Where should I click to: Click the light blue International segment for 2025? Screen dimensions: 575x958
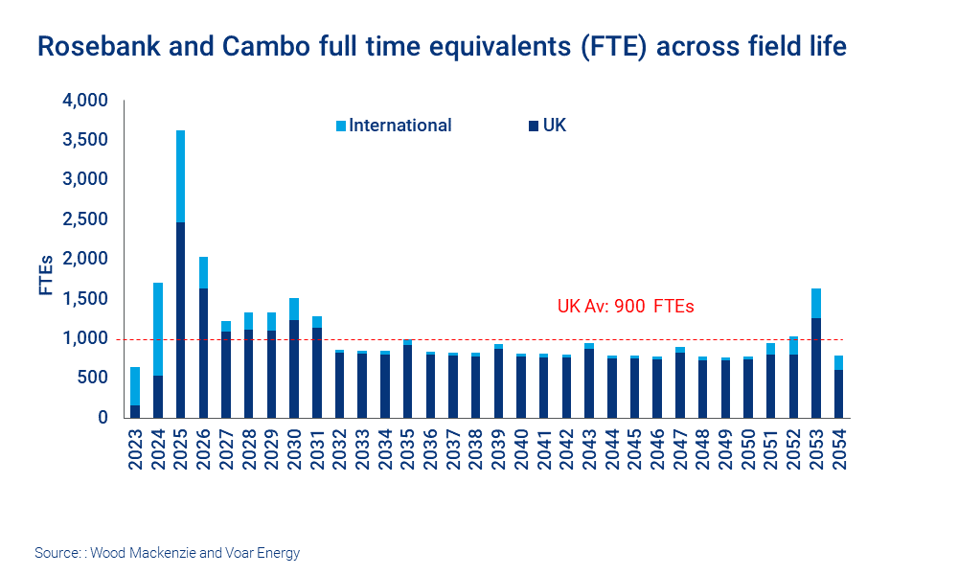180,176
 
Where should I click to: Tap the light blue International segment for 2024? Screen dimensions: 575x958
158,329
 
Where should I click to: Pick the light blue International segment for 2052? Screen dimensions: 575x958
793,345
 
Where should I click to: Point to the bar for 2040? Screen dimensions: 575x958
521,386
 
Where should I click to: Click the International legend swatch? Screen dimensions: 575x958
340,126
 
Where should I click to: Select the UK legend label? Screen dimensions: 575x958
555,126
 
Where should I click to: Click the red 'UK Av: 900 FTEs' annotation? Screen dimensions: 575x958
625,307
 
